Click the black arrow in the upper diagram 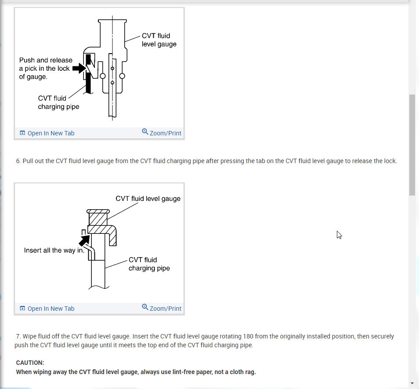click(x=78, y=69)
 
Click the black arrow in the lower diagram click(x=84, y=240)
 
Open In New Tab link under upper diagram click(x=47, y=133)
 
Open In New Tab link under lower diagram click(x=47, y=309)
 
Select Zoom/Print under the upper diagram click(x=162, y=133)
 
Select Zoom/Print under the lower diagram click(x=162, y=308)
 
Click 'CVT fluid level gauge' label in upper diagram click(x=159, y=40)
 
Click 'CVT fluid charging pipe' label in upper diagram click(x=58, y=102)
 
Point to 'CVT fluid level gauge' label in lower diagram click(x=148, y=199)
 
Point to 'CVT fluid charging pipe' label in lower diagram click(x=149, y=264)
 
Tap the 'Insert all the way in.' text click(x=54, y=251)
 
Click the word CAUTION click(x=30, y=363)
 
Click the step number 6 click(x=18, y=161)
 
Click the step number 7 click(x=18, y=336)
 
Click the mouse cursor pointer click(x=339, y=235)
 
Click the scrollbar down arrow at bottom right click(x=412, y=383)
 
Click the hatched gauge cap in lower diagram click(x=98, y=219)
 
